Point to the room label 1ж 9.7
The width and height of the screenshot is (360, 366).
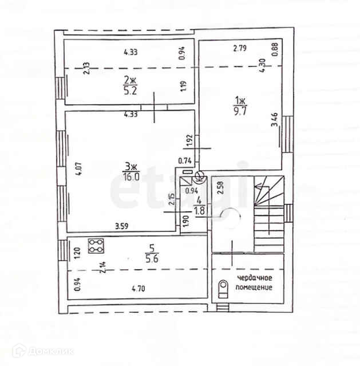240,105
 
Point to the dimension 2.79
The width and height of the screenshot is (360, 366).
240,48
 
